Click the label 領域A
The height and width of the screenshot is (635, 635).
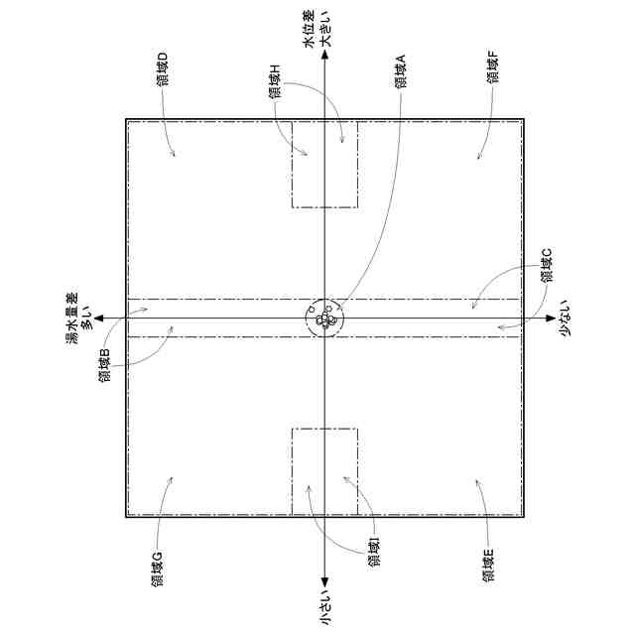coord(401,70)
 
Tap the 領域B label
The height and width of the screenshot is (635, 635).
coord(104,365)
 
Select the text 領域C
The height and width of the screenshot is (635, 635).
coord(547,265)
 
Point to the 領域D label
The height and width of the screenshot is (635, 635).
coord(163,69)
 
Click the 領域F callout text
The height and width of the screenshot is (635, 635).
coord(493,67)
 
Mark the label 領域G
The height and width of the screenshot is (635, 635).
coord(157,569)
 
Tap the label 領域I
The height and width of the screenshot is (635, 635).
coord(374,552)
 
